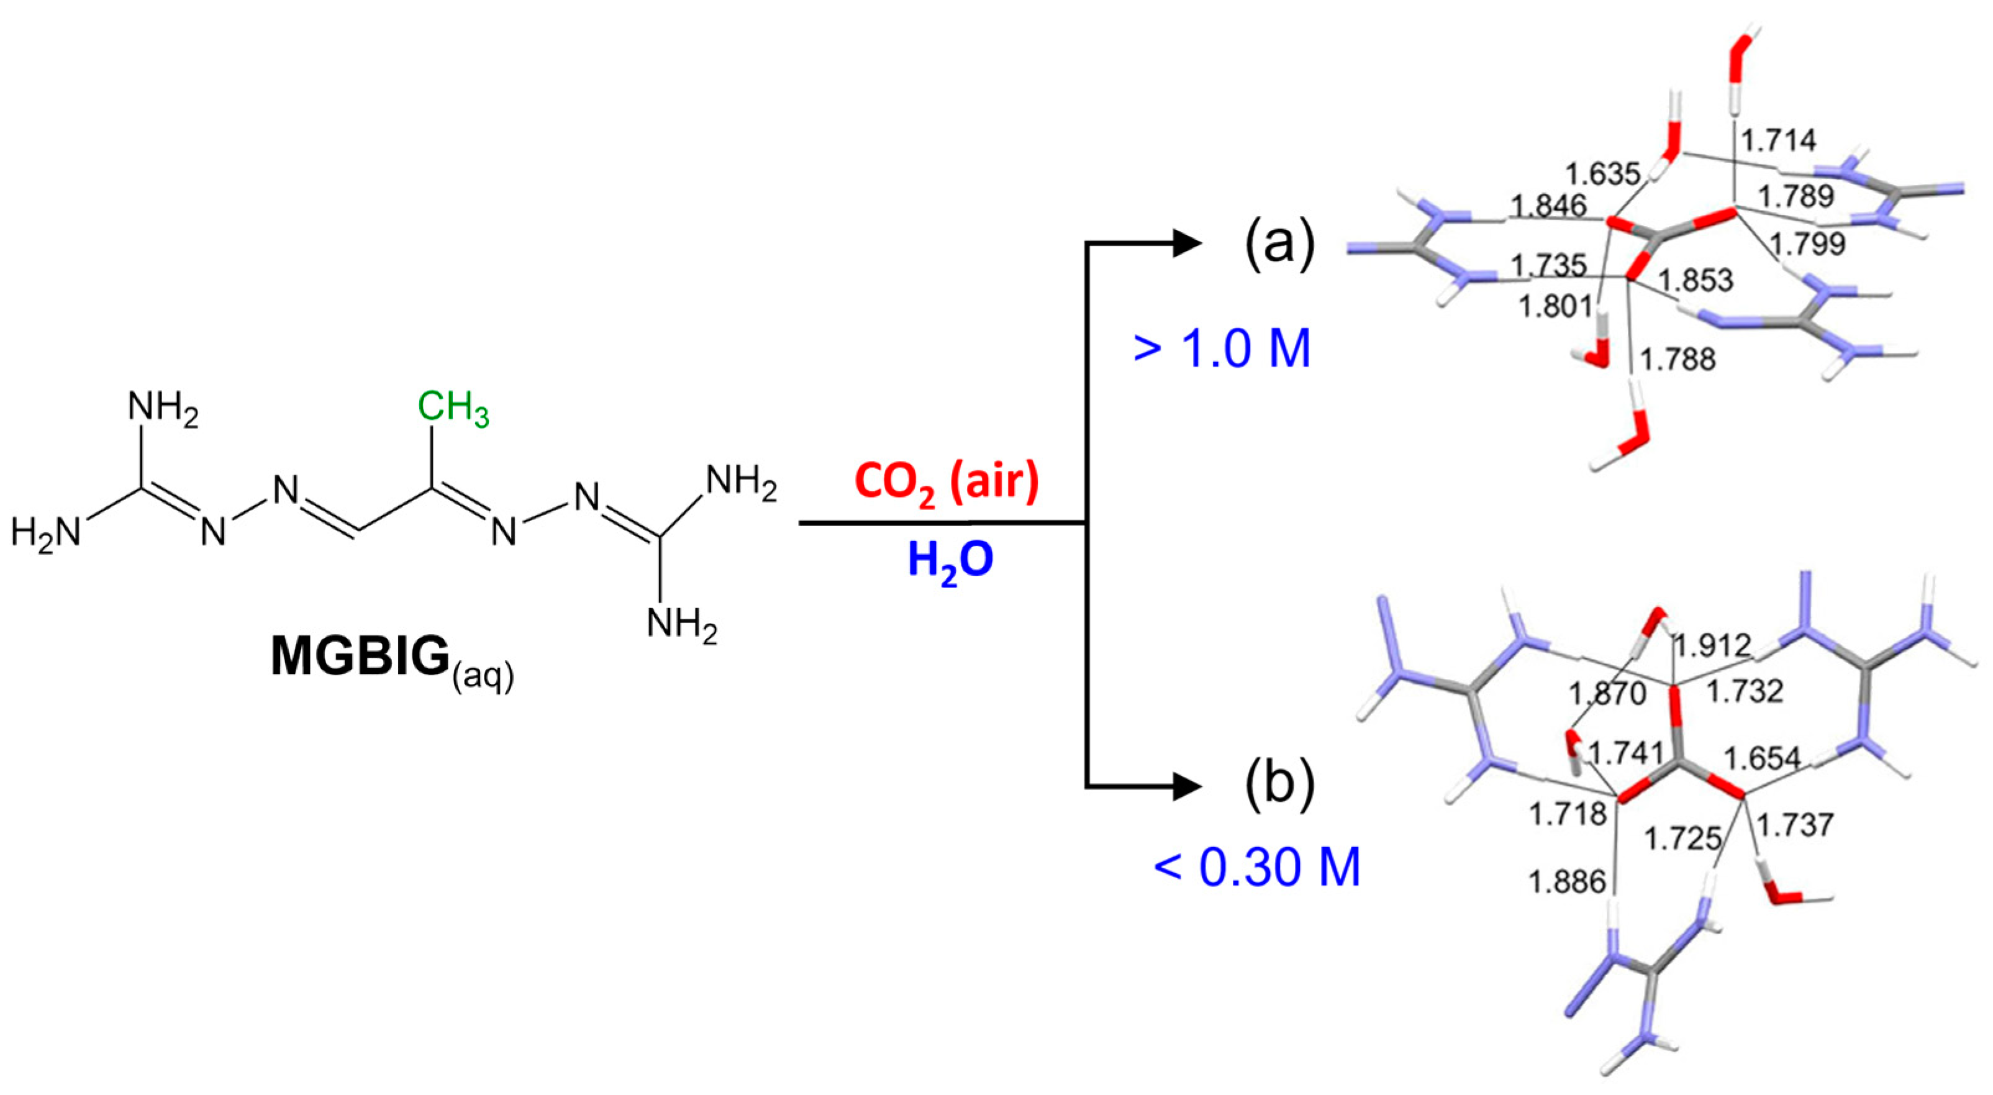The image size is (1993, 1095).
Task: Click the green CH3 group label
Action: click(x=453, y=408)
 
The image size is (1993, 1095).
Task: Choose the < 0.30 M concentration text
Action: click(x=1256, y=866)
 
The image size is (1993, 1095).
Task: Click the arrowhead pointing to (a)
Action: click(x=1187, y=243)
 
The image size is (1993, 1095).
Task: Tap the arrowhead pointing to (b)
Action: click(x=1187, y=787)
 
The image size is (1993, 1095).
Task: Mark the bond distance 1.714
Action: click(x=1779, y=140)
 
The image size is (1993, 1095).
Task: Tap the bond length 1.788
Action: click(x=1677, y=359)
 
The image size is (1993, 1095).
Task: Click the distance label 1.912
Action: click(x=1712, y=645)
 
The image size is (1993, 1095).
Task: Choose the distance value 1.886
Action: click(x=1567, y=881)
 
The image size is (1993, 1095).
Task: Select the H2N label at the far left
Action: click(x=45, y=532)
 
